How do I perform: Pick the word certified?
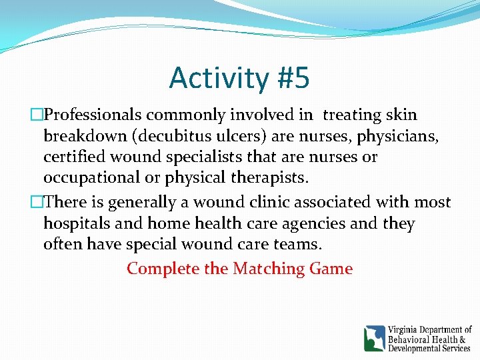click(75, 158)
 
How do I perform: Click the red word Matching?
click(269, 269)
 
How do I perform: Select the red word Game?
click(331, 269)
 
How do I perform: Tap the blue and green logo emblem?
click(374, 338)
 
